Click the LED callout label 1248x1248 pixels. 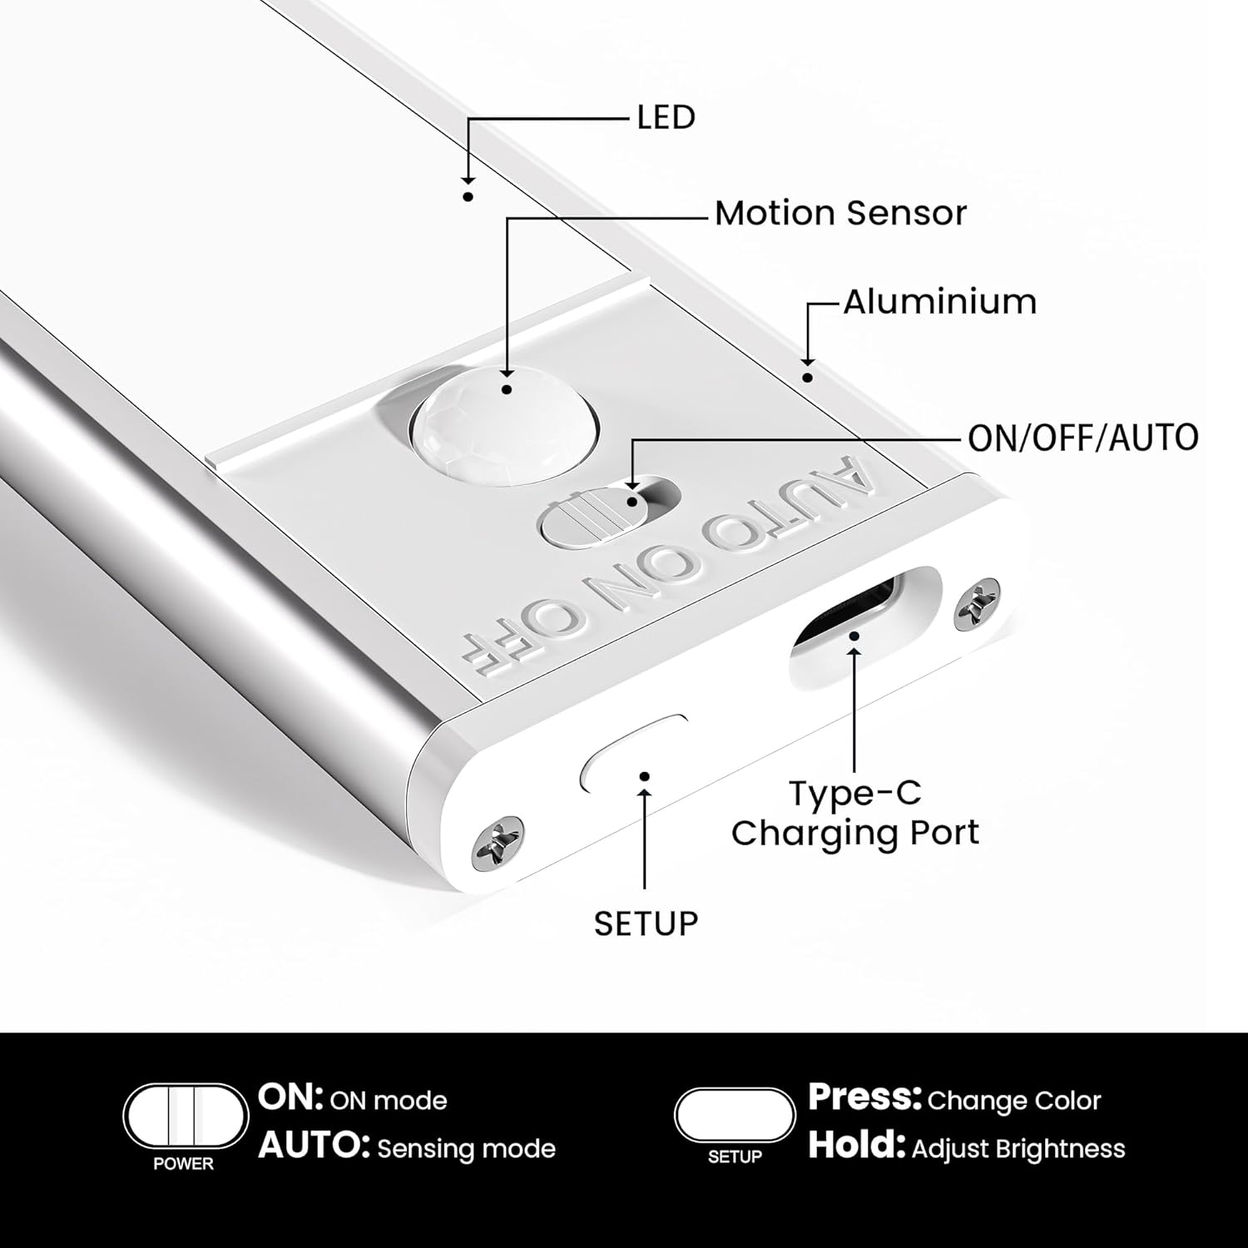tap(666, 117)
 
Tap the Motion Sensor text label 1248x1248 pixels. tap(840, 214)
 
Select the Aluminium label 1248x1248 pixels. tap(940, 301)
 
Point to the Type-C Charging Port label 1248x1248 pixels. tap(855, 813)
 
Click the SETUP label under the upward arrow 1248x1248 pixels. tap(646, 924)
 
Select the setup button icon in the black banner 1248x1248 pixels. tap(735, 1115)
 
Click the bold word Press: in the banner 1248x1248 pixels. tap(864, 1098)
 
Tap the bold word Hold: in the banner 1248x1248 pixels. tap(856, 1146)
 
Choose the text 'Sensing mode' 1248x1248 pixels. tap(466, 1149)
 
